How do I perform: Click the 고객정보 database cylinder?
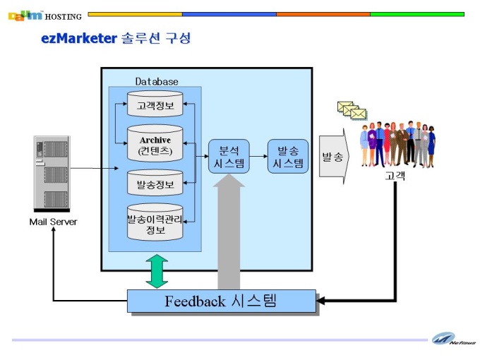155,104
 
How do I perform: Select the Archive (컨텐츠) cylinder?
155,143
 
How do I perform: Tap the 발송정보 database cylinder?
155,183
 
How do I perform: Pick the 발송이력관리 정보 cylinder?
155,222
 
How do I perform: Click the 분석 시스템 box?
229,157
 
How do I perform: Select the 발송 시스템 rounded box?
288,157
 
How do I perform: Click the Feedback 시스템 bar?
222,301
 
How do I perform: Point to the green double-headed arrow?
157,271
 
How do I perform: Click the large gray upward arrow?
229,232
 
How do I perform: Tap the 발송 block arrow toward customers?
334,157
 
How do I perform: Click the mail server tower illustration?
52,174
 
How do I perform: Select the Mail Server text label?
53,222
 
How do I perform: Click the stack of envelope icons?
352,111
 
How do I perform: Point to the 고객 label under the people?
395,176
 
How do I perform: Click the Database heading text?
157,81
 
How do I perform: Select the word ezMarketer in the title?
79,39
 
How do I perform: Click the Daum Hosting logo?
45,16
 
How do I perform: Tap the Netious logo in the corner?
454,340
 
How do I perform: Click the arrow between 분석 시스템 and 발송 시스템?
258,157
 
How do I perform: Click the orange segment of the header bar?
323,14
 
